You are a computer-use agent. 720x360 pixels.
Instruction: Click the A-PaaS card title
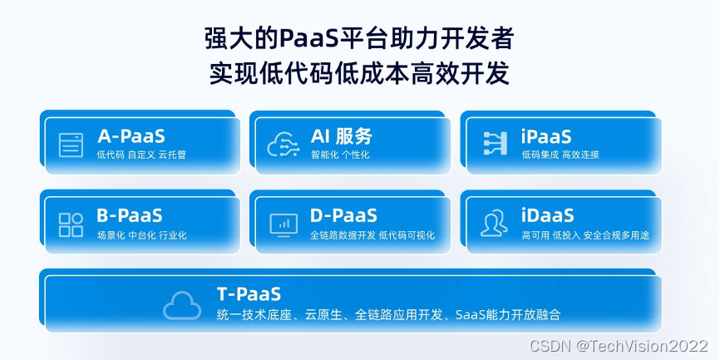pyautogui.click(x=131, y=136)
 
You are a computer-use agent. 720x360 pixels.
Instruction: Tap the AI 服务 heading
pyautogui.click(x=341, y=136)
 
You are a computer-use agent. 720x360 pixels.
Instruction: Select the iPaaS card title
pyautogui.click(x=546, y=136)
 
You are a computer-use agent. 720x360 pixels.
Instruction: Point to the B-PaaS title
pyautogui.click(x=129, y=215)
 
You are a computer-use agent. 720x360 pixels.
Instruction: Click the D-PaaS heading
pyautogui.click(x=343, y=215)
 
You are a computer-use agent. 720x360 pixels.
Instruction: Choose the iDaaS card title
pyautogui.click(x=548, y=215)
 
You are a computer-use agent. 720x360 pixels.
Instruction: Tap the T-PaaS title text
pyautogui.click(x=249, y=293)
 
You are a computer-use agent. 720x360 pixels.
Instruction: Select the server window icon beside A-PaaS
pyautogui.click(x=72, y=145)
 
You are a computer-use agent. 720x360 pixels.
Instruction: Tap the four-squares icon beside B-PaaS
pyautogui.click(x=71, y=224)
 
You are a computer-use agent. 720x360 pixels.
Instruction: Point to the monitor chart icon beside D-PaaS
pyautogui.click(x=284, y=224)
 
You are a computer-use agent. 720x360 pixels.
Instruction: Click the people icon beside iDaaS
pyautogui.click(x=495, y=224)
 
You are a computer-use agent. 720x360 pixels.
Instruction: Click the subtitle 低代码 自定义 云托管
pyautogui.click(x=142, y=155)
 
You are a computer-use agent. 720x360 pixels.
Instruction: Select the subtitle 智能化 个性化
pyautogui.click(x=340, y=155)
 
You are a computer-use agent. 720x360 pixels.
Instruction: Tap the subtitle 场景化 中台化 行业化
pyautogui.click(x=141, y=235)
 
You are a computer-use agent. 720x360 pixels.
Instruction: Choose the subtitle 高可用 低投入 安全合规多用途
pyautogui.click(x=585, y=235)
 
